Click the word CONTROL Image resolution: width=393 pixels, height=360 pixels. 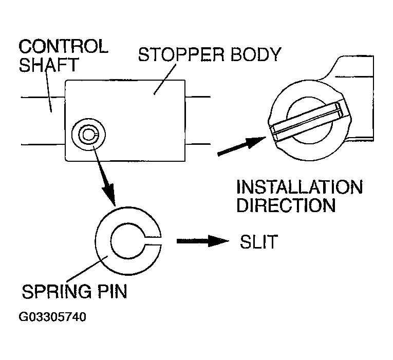pos(64,47)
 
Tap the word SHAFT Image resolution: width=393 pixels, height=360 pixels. pos(49,65)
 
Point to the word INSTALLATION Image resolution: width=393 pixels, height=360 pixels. pos(299,187)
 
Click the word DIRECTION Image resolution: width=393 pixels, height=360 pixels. pos(285,205)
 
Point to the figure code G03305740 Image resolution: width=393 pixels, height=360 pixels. pos(52,317)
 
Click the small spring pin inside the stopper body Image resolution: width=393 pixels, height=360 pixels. pos(89,135)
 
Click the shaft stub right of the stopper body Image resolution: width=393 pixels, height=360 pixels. pos(198,121)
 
